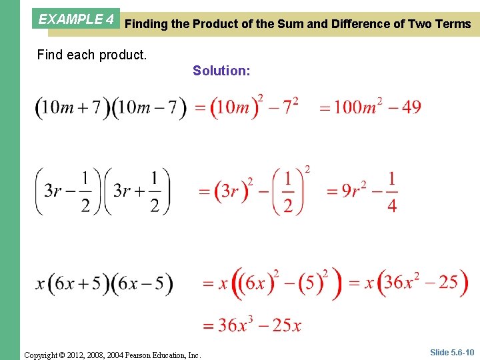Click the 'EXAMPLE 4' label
(76, 19)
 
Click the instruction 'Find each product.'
(91, 55)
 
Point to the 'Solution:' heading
(221, 70)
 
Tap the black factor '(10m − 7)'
(150, 107)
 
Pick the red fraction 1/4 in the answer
(391, 192)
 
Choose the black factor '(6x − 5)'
(142, 283)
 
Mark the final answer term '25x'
(287, 325)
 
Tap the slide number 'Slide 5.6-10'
(451, 353)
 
